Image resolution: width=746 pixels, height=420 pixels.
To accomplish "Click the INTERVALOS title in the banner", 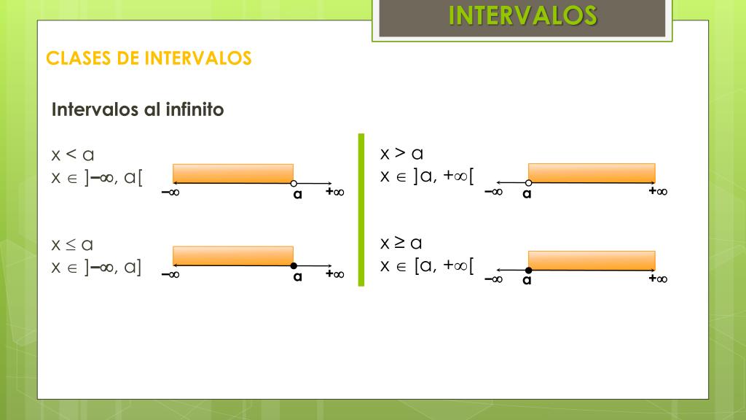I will [x=522, y=15].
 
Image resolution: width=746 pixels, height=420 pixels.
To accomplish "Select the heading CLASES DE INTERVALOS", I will [x=149, y=58].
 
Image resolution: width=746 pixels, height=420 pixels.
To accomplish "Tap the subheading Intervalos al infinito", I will [x=138, y=110].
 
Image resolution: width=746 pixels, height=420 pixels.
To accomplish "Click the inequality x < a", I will [x=73, y=155].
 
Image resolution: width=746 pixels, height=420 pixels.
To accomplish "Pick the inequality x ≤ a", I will [x=72, y=244].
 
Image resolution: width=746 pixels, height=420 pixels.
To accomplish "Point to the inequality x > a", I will [x=401, y=153].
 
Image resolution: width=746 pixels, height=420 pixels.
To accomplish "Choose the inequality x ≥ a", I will [x=401, y=243].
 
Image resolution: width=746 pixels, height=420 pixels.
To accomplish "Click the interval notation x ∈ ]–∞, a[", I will [x=97, y=178].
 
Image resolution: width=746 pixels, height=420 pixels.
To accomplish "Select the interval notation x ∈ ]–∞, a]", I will [x=97, y=268].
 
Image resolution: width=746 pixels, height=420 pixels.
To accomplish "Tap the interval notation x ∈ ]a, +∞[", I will [x=427, y=176].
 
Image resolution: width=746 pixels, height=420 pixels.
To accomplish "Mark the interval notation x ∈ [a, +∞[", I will [x=427, y=266].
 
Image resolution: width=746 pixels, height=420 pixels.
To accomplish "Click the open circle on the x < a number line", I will [x=293, y=183].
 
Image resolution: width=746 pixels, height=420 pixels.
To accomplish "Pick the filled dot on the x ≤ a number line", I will [x=293, y=265].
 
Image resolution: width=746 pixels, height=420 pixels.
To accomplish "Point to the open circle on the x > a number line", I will [x=528, y=183].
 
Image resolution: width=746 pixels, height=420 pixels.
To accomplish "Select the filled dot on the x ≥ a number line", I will [x=528, y=270].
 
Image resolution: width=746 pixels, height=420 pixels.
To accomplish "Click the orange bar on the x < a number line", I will [x=232, y=173].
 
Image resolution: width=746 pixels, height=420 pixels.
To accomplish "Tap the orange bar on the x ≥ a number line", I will [x=591, y=260].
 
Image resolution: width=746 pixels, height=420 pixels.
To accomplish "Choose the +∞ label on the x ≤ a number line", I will [x=335, y=274].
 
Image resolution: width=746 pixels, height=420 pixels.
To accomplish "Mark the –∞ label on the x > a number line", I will [x=493, y=192].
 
